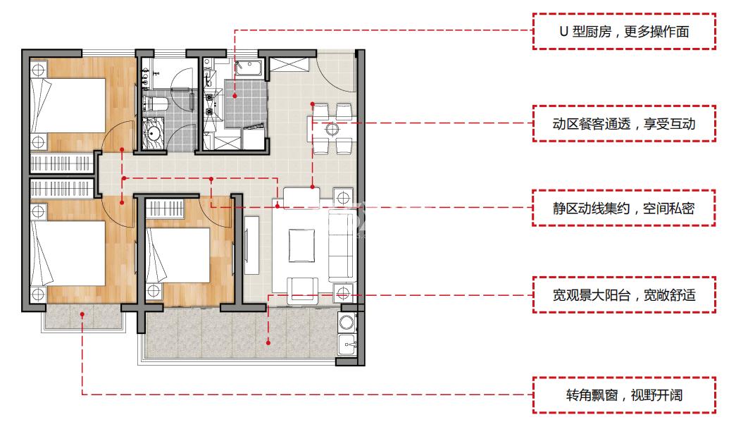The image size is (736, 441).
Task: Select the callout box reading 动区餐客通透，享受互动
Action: pyautogui.click(x=624, y=124)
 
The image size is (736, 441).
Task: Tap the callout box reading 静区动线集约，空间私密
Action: pyautogui.click(x=624, y=209)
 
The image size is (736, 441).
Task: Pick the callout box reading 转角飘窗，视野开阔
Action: pyautogui.click(x=624, y=395)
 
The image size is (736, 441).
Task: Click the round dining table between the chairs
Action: pyautogui.click(x=332, y=129)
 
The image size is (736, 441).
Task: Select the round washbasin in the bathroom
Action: pyautogui.click(x=151, y=132)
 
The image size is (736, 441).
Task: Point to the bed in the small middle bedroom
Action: pyautogui.click(x=179, y=254)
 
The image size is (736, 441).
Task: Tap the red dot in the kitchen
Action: pyautogui.click(x=235, y=96)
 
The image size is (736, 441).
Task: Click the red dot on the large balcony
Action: pyautogui.click(x=268, y=343)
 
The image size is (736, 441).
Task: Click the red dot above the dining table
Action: pyautogui.click(x=313, y=104)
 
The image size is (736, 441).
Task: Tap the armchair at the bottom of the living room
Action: pyautogui.click(x=303, y=288)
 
